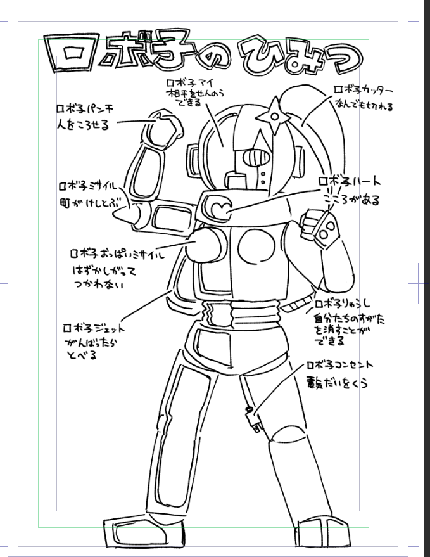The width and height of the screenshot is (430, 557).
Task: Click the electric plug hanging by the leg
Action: click(x=258, y=424)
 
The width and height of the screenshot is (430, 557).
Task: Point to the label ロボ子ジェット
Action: click(x=94, y=328)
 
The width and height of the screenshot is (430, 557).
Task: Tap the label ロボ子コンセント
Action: click(x=339, y=366)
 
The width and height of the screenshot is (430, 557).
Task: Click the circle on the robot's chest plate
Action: click(x=254, y=245)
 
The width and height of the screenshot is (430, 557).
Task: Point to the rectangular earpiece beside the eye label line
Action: click(x=193, y=158)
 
